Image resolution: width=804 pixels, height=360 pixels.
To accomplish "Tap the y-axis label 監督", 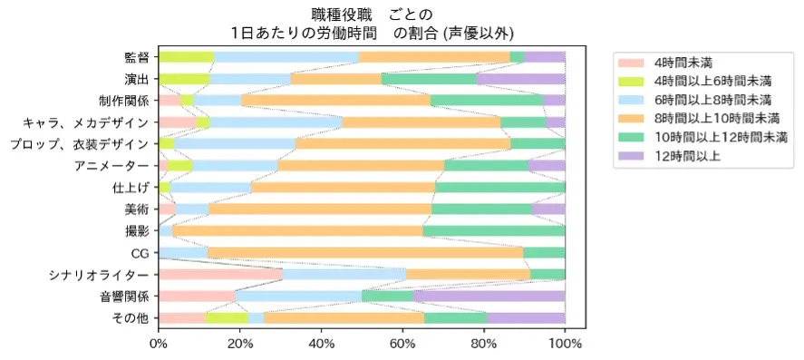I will click(137, 57).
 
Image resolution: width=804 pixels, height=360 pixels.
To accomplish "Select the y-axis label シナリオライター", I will click(100, 275).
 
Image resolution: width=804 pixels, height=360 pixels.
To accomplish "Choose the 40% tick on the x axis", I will click(322, 345).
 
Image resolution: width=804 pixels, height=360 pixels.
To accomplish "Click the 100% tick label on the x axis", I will click(565, 345).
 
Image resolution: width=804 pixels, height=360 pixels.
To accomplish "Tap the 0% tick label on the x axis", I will click(159, 345).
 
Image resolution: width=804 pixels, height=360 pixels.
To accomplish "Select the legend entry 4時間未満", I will click(683, 63).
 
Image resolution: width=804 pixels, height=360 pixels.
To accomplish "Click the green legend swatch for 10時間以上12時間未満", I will click(629, 138).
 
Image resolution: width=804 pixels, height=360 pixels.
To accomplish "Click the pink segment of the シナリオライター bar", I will click(220, 275).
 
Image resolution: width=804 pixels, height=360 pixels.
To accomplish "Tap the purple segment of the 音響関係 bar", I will click(489, 297).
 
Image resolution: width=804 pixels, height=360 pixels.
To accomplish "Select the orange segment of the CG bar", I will click(365, 253).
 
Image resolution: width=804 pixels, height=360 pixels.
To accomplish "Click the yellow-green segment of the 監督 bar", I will click(186, 57).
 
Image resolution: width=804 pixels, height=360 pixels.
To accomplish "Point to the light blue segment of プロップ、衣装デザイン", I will click(235, 144).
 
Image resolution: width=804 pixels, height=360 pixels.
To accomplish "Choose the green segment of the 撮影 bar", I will click(494, 231).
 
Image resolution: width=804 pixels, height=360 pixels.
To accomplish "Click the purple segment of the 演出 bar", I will click(520, 79).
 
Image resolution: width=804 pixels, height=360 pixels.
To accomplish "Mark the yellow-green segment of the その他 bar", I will click(227, 318).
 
